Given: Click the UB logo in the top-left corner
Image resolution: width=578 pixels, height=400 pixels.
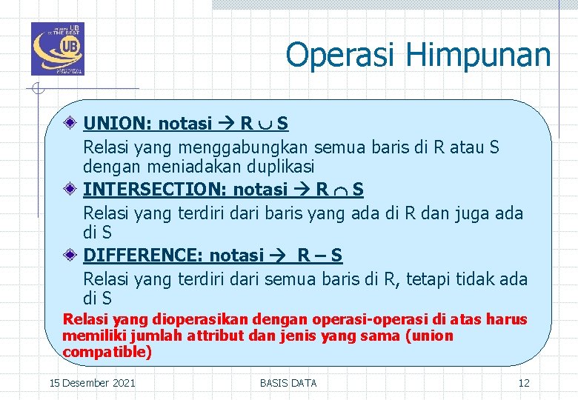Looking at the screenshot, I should tap(57, 49).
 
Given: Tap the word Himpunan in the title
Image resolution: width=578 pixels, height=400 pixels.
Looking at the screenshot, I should tap(479, 56).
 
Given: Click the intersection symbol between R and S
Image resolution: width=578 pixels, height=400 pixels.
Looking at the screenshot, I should tap(340, 190).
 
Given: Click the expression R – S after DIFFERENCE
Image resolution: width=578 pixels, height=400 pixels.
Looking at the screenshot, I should tap(319, 256).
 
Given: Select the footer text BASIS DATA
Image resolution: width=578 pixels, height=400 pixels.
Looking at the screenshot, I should tap(288, 383).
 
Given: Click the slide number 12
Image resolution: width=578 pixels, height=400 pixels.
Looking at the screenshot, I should tap(524, 383).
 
